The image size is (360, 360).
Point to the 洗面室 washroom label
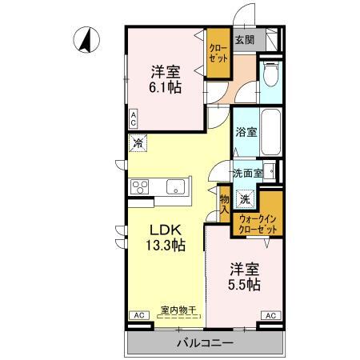click(x=248, y=173)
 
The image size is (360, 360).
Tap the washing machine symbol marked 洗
click(x=247, y=198)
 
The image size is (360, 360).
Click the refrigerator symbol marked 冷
click(x=138, y=144)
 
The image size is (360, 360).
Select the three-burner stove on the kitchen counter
click(x=140, y=187)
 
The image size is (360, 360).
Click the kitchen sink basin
click(x=175, y=187)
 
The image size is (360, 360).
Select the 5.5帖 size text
click(x=245, y=284)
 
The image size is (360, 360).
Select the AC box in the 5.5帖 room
click(x=270, y=316)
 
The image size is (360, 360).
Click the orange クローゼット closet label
click(x=218, y=53)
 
